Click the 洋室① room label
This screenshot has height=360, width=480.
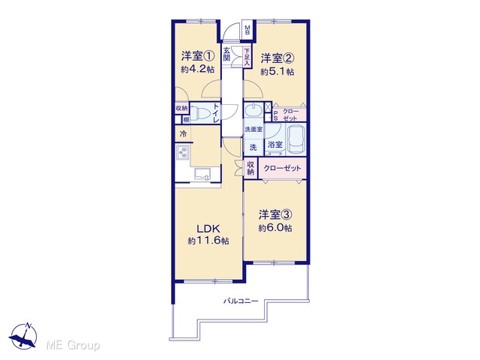[197, 56]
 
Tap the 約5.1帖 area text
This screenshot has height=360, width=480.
[277, 72]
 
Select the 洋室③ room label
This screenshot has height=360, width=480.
[275, 214]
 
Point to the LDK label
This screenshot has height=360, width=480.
[208, 229]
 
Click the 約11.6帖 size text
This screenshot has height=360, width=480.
[208, 241]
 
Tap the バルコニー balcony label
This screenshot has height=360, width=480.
[240, 301]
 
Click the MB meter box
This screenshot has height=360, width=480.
[247, 30]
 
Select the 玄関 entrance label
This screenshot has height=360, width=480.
[226, 54]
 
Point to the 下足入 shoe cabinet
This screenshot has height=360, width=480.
[247, 57]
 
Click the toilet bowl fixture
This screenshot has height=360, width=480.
[202, 112]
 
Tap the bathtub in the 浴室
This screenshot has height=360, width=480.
[296, 140]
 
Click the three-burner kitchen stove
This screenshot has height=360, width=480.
[183, 152]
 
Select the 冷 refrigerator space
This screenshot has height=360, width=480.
[183, 133]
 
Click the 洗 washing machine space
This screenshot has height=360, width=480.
[253, 148]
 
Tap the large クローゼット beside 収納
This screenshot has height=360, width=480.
[282, 168]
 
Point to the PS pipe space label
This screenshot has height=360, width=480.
[275, 115]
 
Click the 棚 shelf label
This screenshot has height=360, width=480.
[186, 120]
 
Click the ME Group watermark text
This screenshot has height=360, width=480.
[73, 345]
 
